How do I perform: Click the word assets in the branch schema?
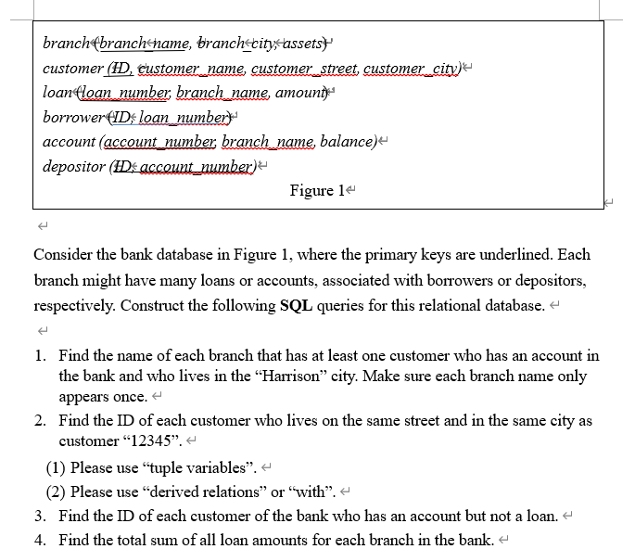click(x=302, y=44)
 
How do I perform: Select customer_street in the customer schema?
click(x=303, y=69)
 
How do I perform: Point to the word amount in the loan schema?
click(x=296, y=93)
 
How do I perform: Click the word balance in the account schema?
click(x=348, y=142)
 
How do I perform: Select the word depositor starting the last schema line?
click(x=72, y=167)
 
